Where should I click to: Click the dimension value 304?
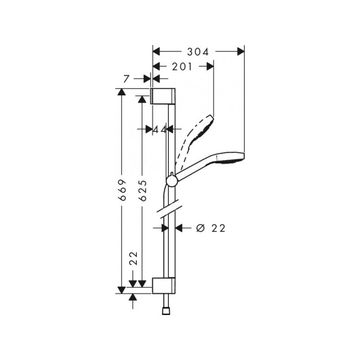198,52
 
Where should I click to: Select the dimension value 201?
182,67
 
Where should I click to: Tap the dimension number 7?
127,79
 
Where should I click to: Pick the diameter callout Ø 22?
211,228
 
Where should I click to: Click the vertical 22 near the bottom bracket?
133,260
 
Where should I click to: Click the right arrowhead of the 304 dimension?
240,52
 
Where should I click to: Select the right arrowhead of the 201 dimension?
209,67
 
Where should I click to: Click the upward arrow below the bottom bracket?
133,297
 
